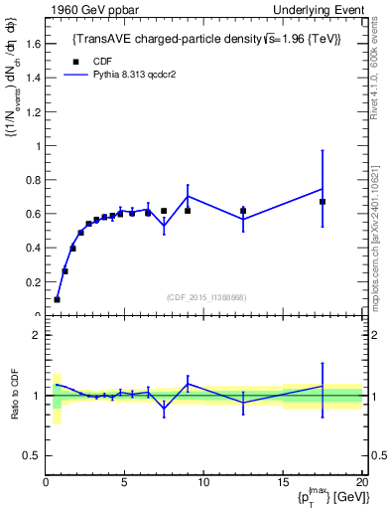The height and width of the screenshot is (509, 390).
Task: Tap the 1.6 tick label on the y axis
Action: click(x=32, y=44)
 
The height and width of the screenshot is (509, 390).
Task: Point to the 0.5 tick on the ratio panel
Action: click(x=31, y=455)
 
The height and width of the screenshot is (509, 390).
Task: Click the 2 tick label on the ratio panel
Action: click(x=36, y=335)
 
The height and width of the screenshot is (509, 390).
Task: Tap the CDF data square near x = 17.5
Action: click(x=323, y=202)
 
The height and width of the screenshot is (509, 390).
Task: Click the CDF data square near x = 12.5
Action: click(x=243, y=211)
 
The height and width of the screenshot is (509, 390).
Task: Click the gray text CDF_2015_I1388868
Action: click(x=205, y=298)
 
